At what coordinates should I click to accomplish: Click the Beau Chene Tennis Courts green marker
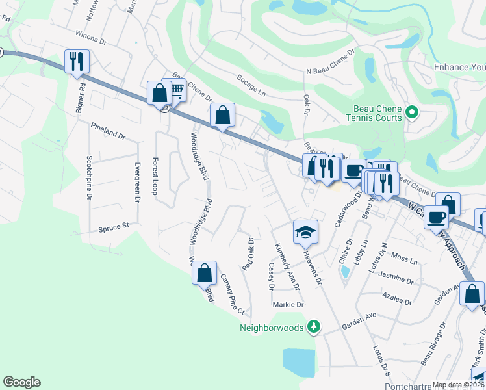point(411,113)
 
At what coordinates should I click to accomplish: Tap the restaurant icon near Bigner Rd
point(77,61)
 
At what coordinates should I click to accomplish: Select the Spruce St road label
point(114,227)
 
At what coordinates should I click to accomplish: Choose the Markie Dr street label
point(288,304)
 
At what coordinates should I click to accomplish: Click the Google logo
point(21,382)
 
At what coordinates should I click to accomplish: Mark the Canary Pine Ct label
point(231,292)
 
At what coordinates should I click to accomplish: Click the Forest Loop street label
point(155,175)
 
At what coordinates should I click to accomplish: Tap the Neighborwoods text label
point(272,328)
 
